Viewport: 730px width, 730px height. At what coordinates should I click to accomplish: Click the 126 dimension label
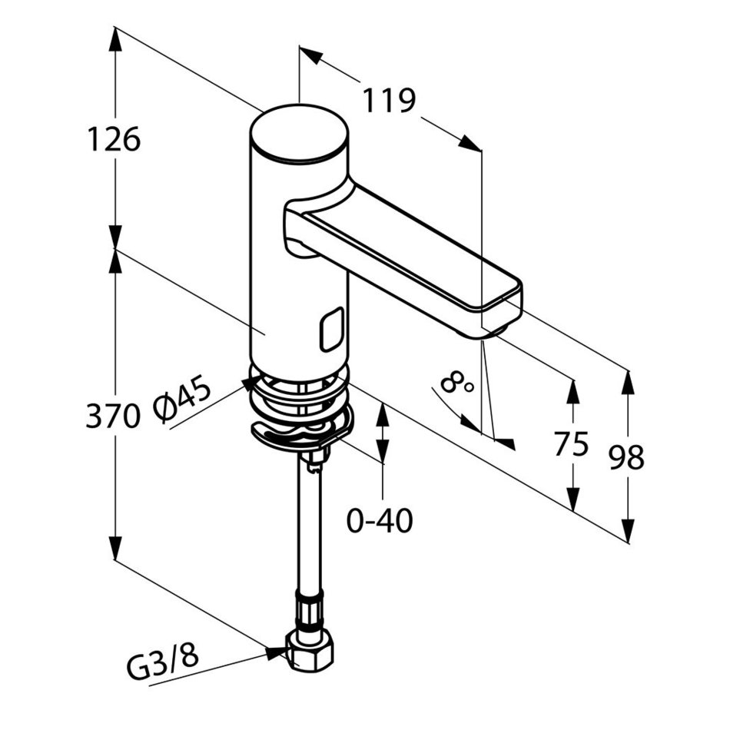pyautogui.click(x=114, y=139)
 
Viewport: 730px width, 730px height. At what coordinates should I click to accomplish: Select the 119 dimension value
pyautogui.click(x=388, y=100)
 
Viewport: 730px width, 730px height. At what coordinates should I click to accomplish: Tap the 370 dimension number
pyautogui.click(x=113, y=415)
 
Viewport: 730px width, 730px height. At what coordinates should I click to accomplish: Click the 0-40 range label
pyautogui.click(x=380, y=520)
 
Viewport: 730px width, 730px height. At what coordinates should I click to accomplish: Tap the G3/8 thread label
pyautogui.click(x=162, y=662)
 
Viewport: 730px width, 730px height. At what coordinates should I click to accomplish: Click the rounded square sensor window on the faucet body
pyautogui.click(x=332, y=329)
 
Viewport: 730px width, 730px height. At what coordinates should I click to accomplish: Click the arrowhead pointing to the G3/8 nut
pyautogui.click(x=276, y=652)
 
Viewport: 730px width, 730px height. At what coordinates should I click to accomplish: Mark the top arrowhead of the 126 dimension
pyautogui.click(x=115, y=39)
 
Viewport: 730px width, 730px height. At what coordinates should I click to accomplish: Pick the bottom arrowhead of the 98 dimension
pyautogui.click(x=628, y=531)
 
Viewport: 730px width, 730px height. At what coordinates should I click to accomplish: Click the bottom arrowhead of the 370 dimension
pyautogui.click(x=115, y=548)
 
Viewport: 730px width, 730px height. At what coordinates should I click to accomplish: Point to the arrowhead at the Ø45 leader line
pyautogui.click(x=250, y=383)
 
